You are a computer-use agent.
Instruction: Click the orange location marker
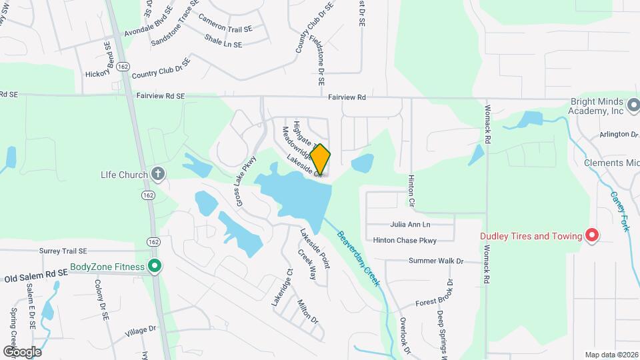320,159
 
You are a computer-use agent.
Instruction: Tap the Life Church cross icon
158,175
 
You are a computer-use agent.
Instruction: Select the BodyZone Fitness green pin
155,267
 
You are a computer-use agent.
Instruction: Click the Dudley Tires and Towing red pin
591,235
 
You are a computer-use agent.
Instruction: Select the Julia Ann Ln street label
411,225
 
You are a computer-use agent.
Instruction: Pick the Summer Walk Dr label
436,261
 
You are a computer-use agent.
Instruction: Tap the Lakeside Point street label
315,248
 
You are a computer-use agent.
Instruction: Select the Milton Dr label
308,311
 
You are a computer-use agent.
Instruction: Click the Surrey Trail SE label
63,251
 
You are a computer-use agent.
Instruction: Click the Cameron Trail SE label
225,29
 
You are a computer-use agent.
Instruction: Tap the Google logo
22,351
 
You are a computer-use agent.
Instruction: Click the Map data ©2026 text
611,355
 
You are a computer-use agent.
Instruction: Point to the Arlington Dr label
618,134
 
